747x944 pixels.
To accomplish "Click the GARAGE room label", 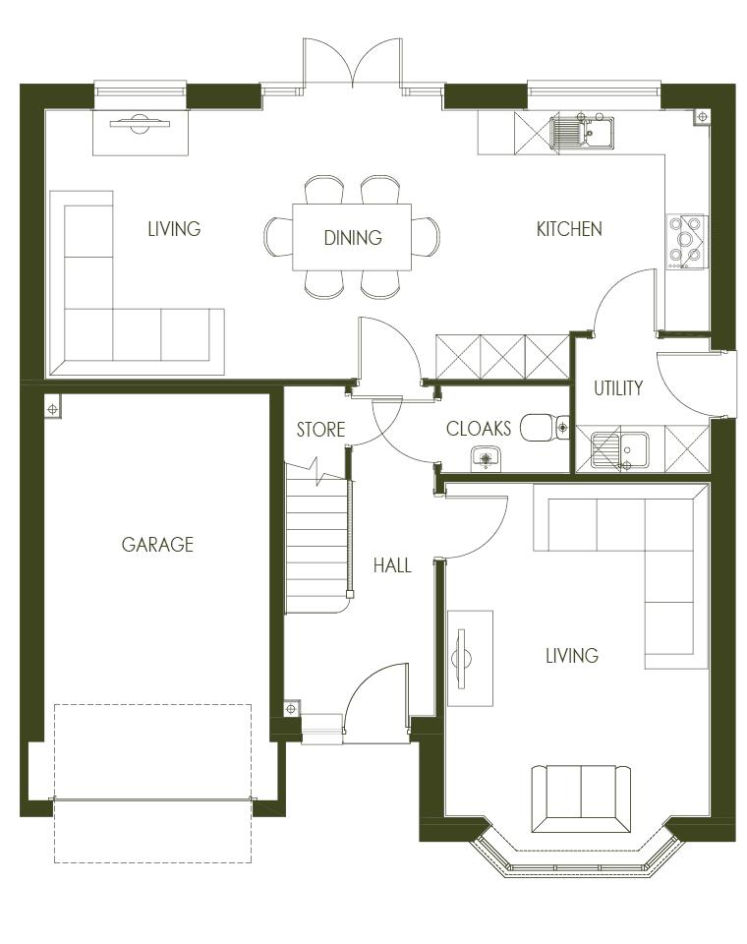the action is (157, 544).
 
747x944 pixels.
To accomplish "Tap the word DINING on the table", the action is (353, 238).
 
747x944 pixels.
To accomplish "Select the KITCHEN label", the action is (569, 229).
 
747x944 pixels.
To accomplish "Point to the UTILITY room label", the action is (618, 388).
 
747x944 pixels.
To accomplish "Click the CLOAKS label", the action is (479, 429).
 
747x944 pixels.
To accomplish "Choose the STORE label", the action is (320, 430).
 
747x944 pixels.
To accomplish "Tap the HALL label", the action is (392, 565).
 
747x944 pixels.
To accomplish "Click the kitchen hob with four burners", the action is (686, 242).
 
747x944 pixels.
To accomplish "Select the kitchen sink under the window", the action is (582, 131).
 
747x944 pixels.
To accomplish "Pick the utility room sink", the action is (619, 449).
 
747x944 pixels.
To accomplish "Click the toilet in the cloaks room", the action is (545, 428).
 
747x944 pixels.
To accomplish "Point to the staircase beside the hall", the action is (317, 537).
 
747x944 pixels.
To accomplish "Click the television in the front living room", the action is (462, 658).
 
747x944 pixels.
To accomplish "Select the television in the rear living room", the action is (140, 125).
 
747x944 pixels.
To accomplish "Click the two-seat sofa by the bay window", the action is (582, 798).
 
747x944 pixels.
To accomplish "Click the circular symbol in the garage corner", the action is (53, 409).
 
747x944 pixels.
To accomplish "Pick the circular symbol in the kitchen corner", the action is (703, 117).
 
